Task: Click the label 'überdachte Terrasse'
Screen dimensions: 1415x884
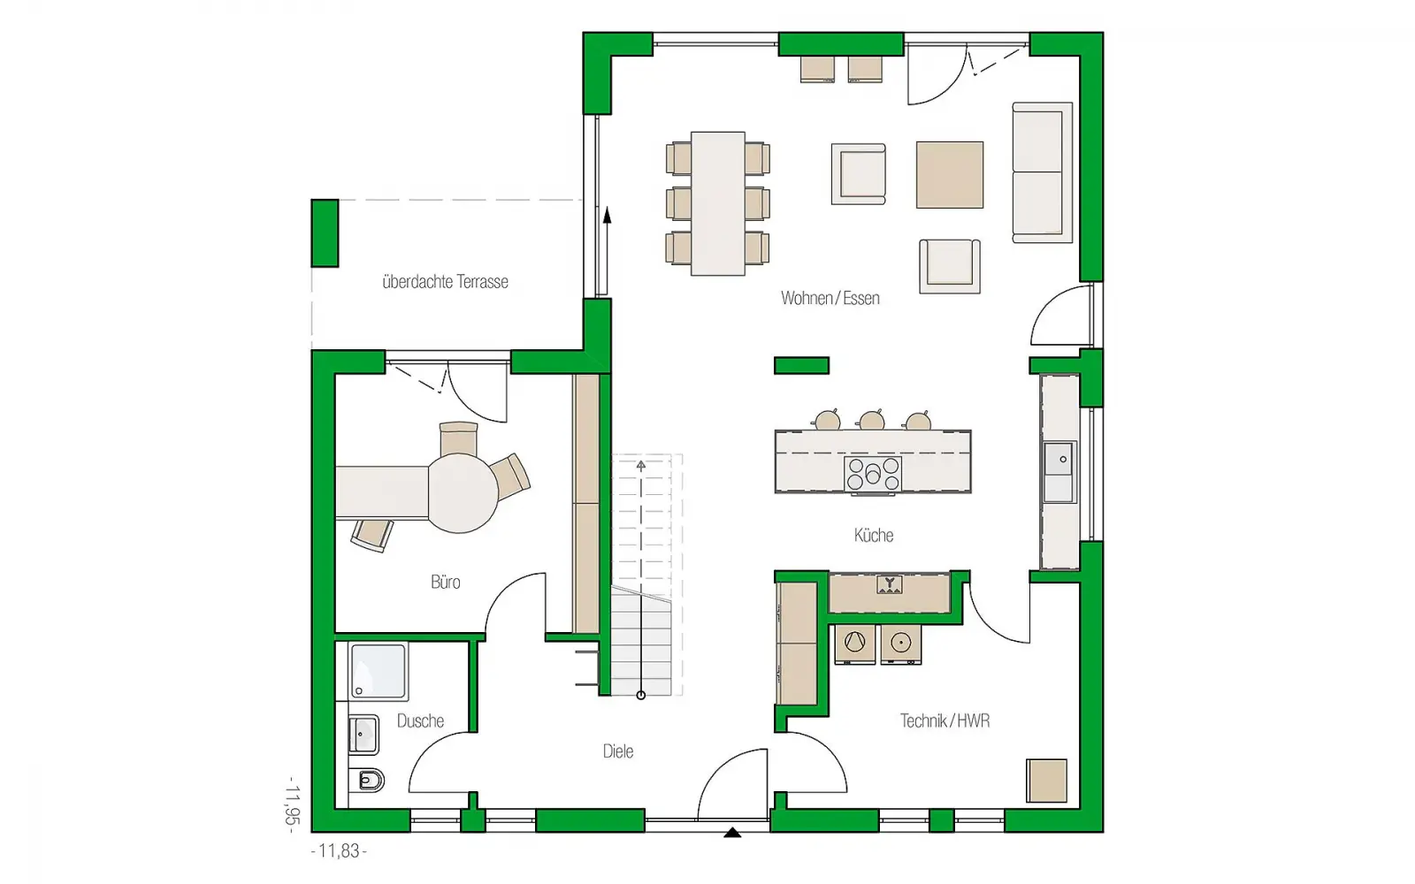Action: coord(446,282)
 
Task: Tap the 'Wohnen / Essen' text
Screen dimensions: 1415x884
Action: coord(830,298)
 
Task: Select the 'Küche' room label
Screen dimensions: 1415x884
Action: coord(874,536)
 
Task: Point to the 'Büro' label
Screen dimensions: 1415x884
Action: coord(446,582)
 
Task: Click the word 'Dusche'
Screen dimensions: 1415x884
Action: coord(420,720)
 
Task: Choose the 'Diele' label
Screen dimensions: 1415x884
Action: coord(618,751)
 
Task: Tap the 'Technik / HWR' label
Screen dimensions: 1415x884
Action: coord(945,720)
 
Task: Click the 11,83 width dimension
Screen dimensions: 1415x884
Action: coord(340,850)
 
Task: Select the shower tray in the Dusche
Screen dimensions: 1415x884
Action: coord(378,671)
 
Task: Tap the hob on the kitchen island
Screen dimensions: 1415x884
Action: coord(873,474)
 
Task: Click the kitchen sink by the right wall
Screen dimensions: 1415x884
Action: coord(1059,472)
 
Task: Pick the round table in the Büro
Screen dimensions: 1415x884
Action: coord(463,494)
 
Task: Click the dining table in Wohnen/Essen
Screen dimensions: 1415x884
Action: coord(717,203)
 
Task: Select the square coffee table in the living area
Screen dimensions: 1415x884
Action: coord(950,175)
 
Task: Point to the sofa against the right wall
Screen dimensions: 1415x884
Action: coord(1043,172)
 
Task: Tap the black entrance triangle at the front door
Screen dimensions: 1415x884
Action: coord(732,832)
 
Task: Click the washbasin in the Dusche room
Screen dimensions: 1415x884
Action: coord(363,735)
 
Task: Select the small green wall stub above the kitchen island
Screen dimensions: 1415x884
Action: coord(801,366)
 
